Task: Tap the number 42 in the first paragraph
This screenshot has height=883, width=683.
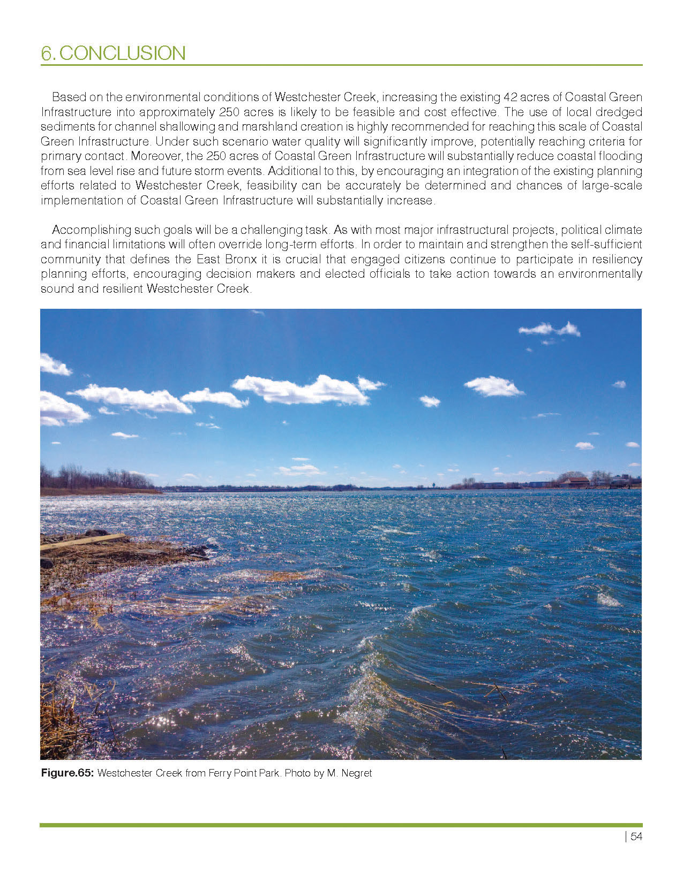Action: point(511,97)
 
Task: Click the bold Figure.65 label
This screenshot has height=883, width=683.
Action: point(67,773)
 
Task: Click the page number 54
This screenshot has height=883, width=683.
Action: point(636,837)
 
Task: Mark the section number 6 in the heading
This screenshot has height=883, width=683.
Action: point(47,54)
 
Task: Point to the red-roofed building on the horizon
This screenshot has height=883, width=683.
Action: point(574,481)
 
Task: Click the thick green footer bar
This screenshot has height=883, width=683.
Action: point(341,825)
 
